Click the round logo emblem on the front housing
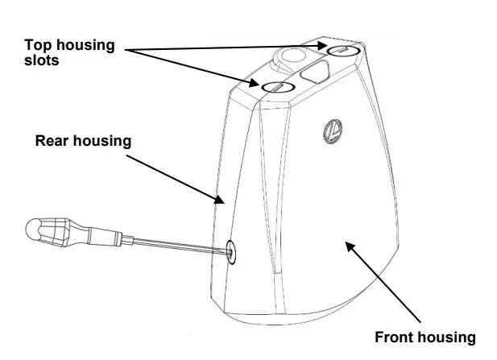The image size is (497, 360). [x=331, y=130]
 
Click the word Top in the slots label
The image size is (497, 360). [x=39, y=45]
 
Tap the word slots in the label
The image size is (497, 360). [x=41, y=60]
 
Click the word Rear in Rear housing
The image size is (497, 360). [x=52, y=141]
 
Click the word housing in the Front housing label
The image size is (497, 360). [x=449, y=337]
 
